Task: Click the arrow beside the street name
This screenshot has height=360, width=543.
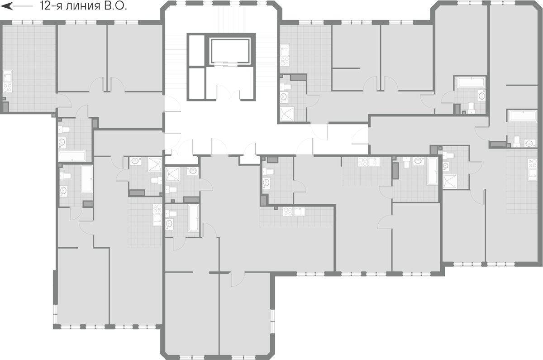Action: coord(16,6)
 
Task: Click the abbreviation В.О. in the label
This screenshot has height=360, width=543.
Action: coord(115,6)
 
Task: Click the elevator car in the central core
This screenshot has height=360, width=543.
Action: coord(230,51)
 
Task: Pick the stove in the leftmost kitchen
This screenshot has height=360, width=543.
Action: coord(8,87)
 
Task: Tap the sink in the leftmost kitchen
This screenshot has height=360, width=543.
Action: coord(8,77)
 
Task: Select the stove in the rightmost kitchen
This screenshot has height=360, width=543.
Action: coord(533,163)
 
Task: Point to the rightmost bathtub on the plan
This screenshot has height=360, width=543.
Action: coord(522,116)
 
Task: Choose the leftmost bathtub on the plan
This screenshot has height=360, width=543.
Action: coord(72,156)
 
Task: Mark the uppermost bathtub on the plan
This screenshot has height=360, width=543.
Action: coord(471,82)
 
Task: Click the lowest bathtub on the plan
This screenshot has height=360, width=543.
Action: coord(194,218)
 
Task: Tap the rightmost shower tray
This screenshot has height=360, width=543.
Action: coord(450,181)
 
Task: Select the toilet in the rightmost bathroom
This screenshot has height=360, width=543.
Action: coord(517,141)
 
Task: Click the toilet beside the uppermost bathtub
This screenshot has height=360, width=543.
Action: coord(471,108)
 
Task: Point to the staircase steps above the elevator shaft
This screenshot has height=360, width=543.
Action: coord(221,19)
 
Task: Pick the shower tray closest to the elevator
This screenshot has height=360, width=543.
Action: coord(172,174)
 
